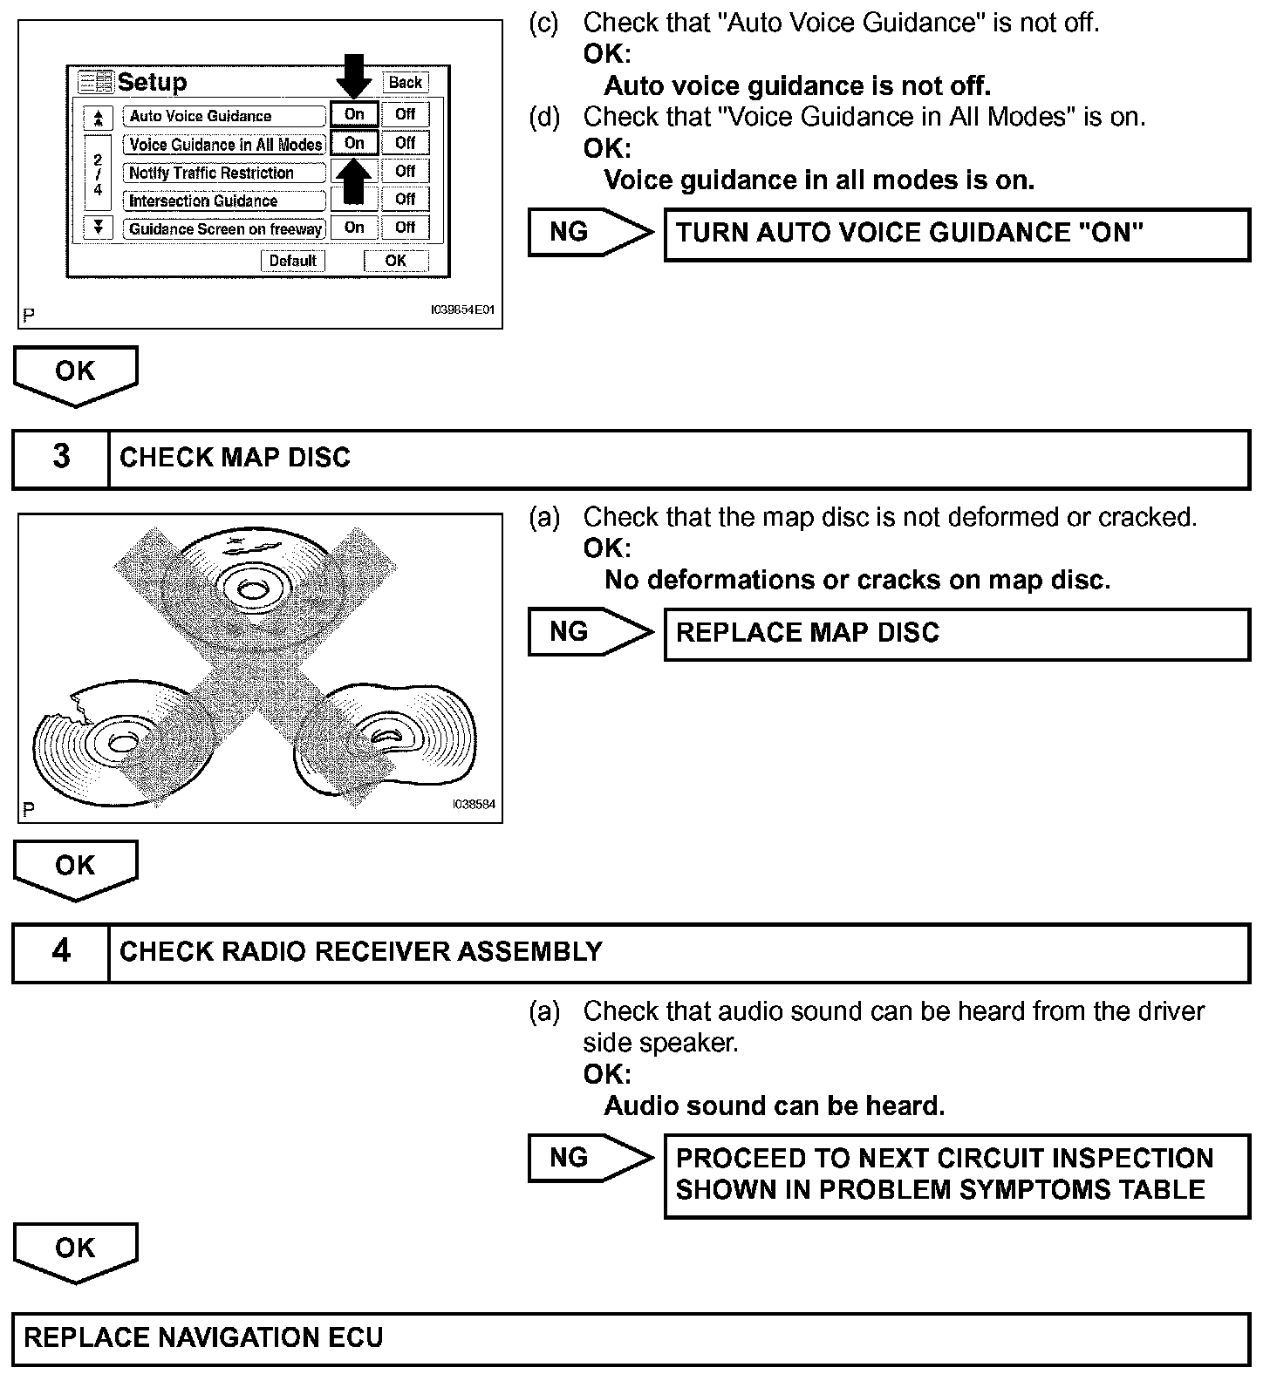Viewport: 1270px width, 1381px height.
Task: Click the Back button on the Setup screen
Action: pyautogui.click(x=406, y=83)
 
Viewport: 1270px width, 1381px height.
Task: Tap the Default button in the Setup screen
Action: pyautogui.click(x=293, y=261)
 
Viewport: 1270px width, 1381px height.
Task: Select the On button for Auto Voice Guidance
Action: pyautogui.click(x=354, y=114)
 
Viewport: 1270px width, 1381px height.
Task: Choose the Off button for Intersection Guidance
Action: pyautogui.click(x=406, y=200)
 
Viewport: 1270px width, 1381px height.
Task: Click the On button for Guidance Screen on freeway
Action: pyautogui.click(x=354, y=228)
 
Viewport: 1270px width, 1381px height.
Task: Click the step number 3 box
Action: pyautogui.click(x=61, y=458)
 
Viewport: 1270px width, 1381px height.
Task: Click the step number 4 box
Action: pyautogui.click(x=61, y=951)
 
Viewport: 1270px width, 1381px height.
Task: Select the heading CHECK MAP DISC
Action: pyautogui.click(x=235, y=458)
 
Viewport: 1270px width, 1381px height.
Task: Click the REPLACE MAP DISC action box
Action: pyautogui.click(x=956, y=633)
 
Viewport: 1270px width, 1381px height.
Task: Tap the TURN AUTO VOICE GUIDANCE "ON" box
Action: pyautogui.click(x=956, y=234)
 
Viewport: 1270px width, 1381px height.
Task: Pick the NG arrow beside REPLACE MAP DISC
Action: pyautogui.click(x=590, y=632)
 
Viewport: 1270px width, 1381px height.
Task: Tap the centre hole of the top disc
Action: pyautogui.click(x=251, y=590)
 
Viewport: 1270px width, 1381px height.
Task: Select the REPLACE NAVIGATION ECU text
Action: pyautogui.click(x=203, y=1338)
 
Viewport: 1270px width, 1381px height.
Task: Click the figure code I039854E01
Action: pyautogui.click(x=463, y=309)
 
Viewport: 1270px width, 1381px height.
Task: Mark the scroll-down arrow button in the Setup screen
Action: pyautogui.click(x=99, y=228)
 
